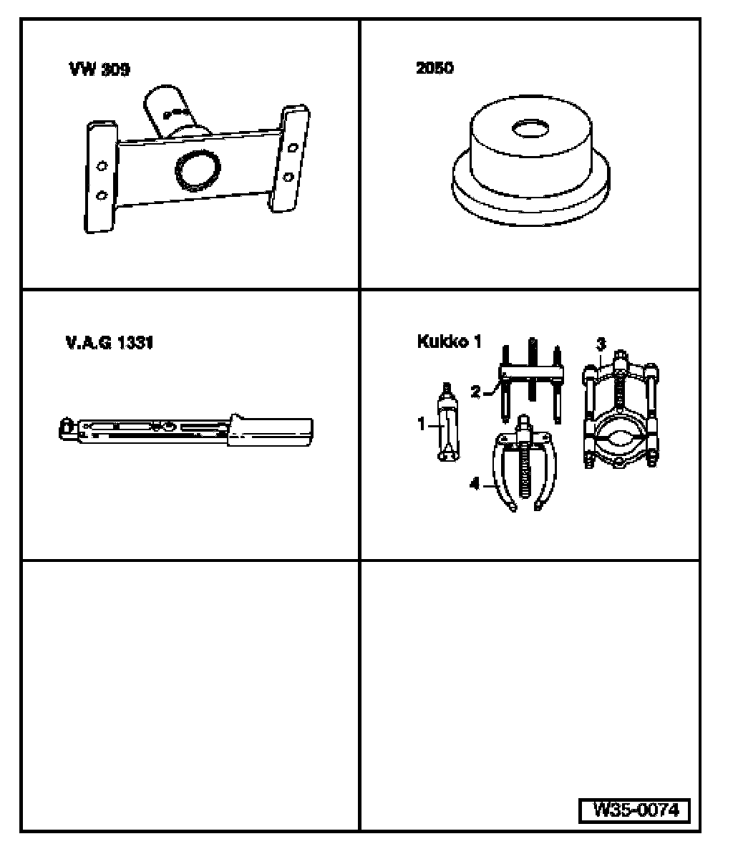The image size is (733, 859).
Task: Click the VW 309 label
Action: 99,69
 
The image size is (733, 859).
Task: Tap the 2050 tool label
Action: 435,68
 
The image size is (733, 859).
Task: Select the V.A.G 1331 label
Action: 110,343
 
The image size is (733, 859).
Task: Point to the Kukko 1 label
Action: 450,341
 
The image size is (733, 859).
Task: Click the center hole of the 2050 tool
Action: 530,129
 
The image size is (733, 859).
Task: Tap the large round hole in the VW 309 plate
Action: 198,170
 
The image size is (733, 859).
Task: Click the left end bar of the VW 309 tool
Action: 101,177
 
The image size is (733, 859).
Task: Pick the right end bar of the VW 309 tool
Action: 291,158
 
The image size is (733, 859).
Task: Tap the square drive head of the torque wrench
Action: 67,428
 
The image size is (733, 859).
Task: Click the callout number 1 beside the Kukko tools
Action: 422,424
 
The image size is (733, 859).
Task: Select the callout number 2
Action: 475,392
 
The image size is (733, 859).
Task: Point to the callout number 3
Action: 601,344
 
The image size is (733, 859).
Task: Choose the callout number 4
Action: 475,483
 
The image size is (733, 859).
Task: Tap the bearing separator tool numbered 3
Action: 621,410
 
